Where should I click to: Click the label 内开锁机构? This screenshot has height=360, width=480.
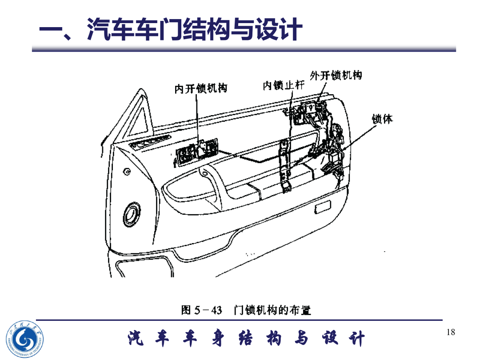click(201, 88)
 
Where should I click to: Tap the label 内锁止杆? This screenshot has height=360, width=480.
click(284, 85)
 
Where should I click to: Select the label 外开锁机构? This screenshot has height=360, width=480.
click(336, 75)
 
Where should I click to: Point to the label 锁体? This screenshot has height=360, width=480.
click(382, 119)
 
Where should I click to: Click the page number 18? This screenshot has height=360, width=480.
click(451, 332)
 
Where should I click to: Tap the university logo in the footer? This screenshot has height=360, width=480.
click(25, 339)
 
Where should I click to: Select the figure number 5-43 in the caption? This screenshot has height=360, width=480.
click(208, 310)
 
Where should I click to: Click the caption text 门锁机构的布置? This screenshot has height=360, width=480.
click(272, 310)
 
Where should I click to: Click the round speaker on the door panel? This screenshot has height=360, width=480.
click(132, 214)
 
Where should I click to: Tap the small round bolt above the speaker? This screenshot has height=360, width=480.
click(127, 172)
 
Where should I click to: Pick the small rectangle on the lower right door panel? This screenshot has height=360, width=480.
click(323, 207)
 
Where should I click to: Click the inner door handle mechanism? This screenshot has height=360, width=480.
click(196, 151)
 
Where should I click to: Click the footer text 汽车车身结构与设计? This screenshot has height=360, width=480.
click(247, 339)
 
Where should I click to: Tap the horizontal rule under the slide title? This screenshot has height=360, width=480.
click(244, 49)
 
